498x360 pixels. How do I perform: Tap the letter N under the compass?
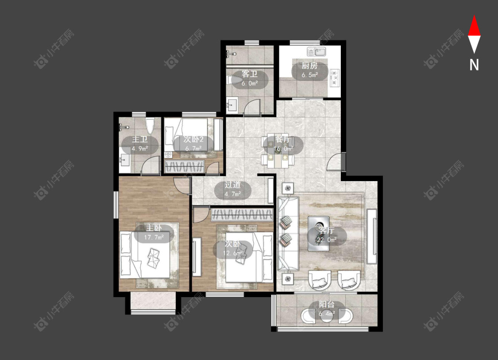click(x=474, y=65)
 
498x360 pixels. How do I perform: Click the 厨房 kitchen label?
click(x=309, y=66)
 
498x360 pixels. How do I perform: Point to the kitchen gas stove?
click(x=335, y=77)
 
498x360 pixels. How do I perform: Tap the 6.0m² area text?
click(x=249, y=84)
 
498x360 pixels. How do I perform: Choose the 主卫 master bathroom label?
click(x=140, y=139)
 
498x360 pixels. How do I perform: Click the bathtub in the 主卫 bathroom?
click(x=150, y=126)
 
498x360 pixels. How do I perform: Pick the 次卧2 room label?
click(x=193, y=139)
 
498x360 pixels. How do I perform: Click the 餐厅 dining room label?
click(x=282, y=139)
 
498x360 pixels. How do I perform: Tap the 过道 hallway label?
click(x=232, y=185)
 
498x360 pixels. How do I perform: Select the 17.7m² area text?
click(x=154, y=237)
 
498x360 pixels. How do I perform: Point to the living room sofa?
click(x=288, y=233)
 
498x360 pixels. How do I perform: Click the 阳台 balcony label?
click(x=327, y=304)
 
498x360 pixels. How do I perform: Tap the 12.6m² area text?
click(x=233, y=253)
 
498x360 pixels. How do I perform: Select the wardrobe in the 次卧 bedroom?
click(x=242, y=214)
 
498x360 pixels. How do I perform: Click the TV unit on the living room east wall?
click(x=371, y=236)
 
